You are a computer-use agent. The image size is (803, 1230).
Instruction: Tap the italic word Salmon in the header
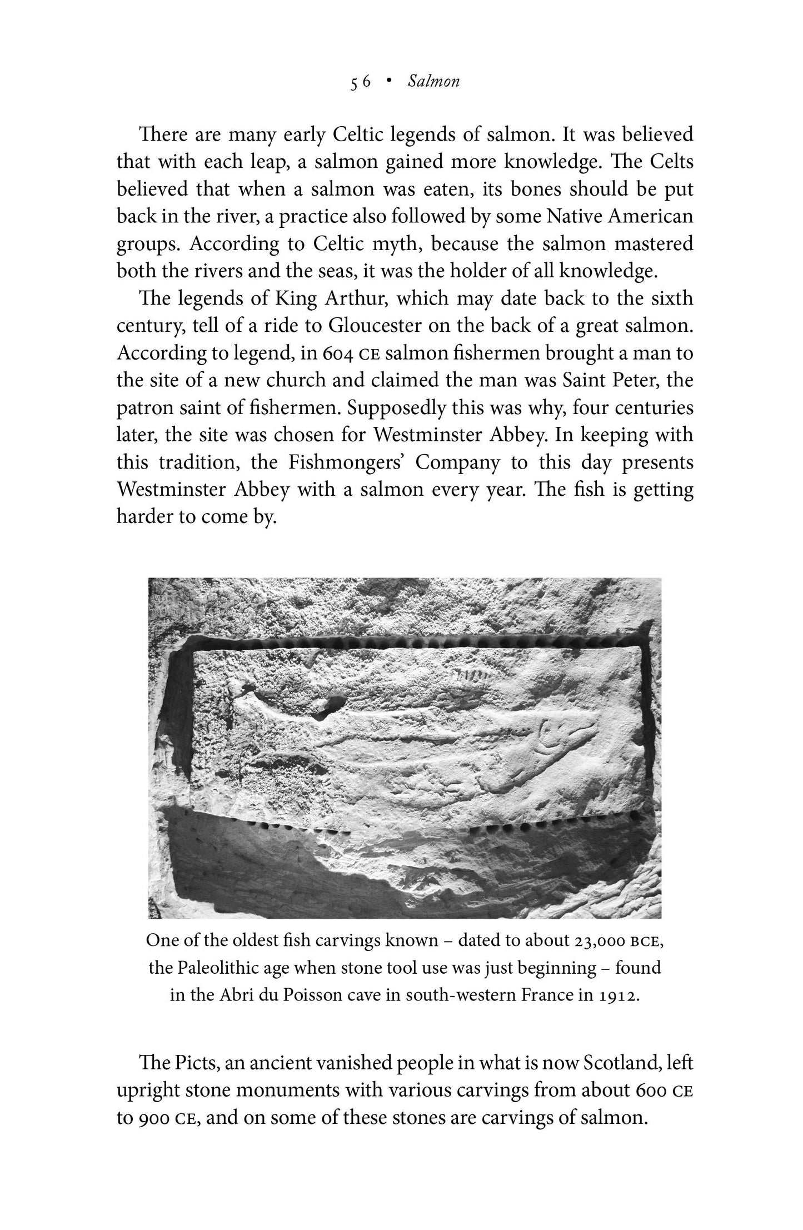433,82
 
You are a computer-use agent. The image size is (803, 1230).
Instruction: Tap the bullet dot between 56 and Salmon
389,82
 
